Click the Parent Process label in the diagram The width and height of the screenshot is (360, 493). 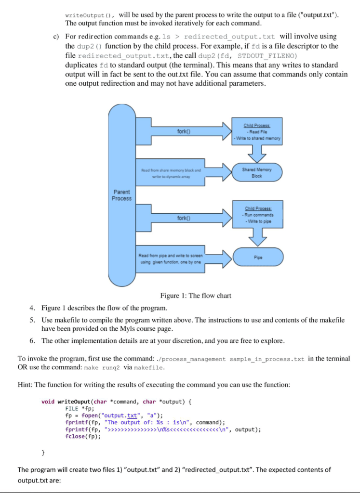(x=121, y=195)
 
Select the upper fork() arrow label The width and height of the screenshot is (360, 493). (x=184, y=131)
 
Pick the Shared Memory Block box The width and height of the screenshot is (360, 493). (x=257, y=172)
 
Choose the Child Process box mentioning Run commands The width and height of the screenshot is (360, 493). (x=257, y=216)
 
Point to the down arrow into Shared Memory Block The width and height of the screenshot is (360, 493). (x=257, y=153)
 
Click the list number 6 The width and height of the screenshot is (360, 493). (x=32, y=340)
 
